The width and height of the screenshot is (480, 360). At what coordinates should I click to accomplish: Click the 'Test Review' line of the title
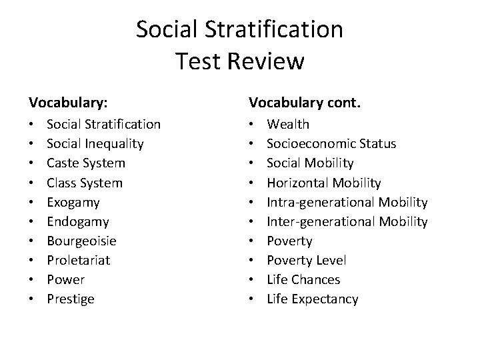pyautogui.click(x=240, y=61)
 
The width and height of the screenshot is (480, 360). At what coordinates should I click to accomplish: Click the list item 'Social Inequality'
pyautogui.click(x=95, y=143)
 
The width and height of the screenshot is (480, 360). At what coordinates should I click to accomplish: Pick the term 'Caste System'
pyautogui.click(x=85, y=163)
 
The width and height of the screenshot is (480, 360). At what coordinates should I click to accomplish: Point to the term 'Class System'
pyautogui.click(x=85, y=183)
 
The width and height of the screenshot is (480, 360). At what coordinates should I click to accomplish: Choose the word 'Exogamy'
pyautogui.click(x=73, y=202)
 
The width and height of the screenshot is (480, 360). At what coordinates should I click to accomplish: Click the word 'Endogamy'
pyautogui.click(x=77, y=221)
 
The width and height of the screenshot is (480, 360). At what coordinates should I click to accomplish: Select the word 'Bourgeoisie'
pyautogui.click(x=81, y=241)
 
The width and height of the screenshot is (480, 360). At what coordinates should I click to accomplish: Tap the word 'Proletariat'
pyautogui.click(x=79, y=260)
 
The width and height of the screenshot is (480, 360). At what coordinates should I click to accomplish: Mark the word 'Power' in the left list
pyautogui.click(x=65, y=279)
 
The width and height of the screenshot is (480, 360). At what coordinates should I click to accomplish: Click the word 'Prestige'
pyautogui.click(x=70, y=299)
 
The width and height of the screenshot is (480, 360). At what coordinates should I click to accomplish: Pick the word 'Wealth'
pyautogui.click(x=288, y=124)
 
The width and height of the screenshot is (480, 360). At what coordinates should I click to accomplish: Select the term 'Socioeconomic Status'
pyautogui.click(x=331, y=143)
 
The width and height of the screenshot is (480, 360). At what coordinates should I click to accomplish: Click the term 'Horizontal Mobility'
pyautogui.click(x=324, y=183)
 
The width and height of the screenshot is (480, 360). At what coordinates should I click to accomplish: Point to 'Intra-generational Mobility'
pyautogui.click(x=347, y=202)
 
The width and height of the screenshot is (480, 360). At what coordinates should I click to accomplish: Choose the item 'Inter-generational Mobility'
pyautogui.click(x=347, y=221)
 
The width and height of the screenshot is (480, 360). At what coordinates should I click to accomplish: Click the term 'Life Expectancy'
pyautogui.click(x=312, y=299)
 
